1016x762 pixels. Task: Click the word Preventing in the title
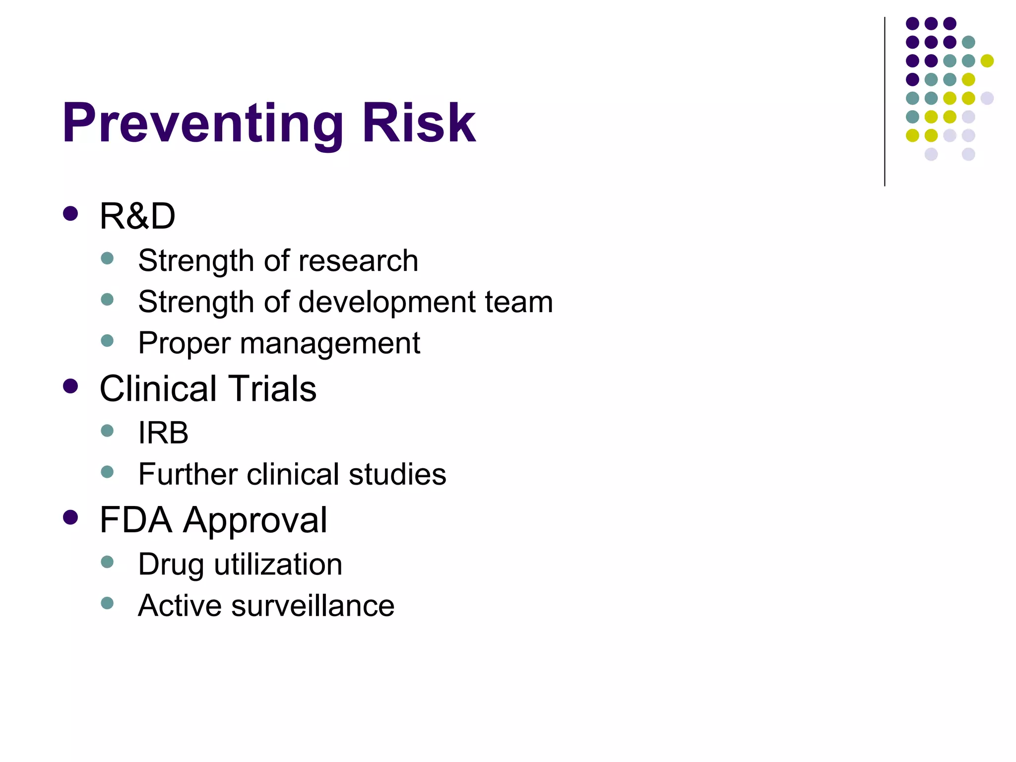point(202,123)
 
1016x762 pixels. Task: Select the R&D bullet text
point(137,216)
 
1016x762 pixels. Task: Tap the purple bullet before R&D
point(70,214)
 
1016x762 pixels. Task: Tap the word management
point(330,343)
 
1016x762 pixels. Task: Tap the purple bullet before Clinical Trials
point(70,386)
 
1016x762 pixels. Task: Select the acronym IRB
point(163,433)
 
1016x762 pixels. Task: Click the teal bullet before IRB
point(107,430)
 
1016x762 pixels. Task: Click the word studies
point(397,474)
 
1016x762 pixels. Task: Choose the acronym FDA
point(136,520)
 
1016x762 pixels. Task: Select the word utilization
point(278,565)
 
